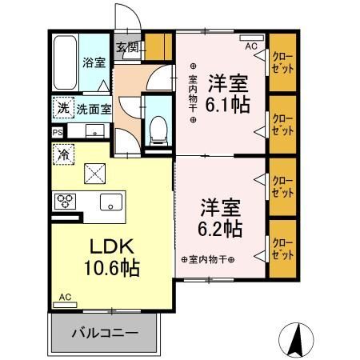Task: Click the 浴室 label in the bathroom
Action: (x=94, y=62)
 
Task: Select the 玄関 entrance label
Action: (x=127, y=46)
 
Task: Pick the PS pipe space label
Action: (x=58, y=133)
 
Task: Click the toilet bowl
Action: (x=158, y=127)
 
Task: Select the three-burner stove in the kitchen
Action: (x=65, y=201)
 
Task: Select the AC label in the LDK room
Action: (x=65, y=298)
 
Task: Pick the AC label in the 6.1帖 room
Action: (x=251, y=46)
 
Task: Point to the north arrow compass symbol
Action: (x=298, y=341)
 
